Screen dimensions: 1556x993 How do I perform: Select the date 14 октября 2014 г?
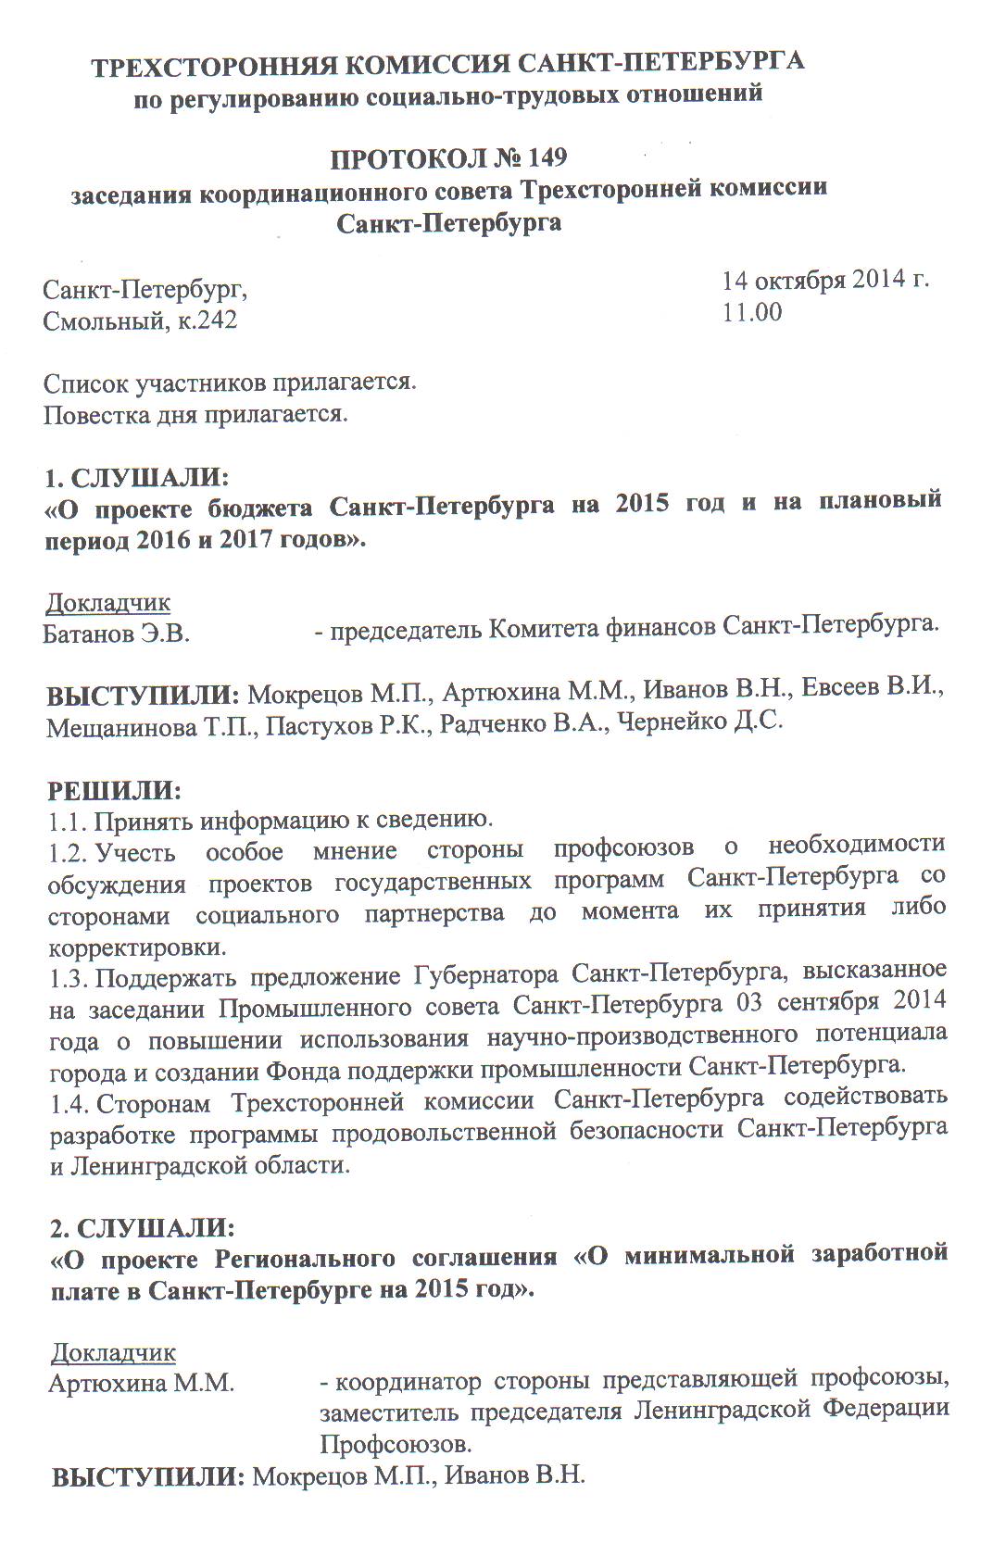[x=825, y=279]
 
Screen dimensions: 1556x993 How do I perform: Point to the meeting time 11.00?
[x=752, y=312]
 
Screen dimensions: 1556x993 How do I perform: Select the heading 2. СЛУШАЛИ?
[x=142, y=1228]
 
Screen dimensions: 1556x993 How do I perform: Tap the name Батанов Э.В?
[x=116, y=634]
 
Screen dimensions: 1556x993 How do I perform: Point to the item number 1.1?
[x=67, y=821]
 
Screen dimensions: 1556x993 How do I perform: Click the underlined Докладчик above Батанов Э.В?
[x=108, y=603]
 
